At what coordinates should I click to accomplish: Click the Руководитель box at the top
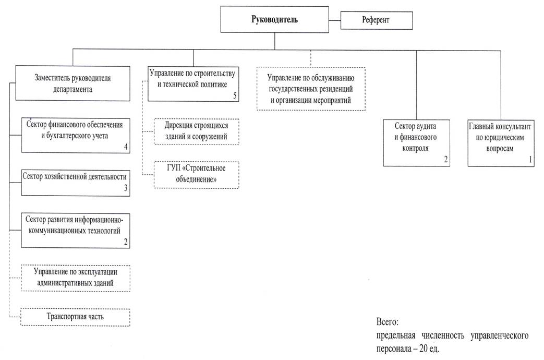274,19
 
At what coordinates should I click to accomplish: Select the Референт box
377,20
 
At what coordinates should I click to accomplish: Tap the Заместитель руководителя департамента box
72,83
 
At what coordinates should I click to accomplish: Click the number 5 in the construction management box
235,95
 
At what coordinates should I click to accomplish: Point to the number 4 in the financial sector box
126,147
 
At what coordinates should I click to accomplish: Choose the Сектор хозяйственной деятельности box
75,183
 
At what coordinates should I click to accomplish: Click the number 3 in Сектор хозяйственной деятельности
126,188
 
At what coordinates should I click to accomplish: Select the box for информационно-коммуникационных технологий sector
75,231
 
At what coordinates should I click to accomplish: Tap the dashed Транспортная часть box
75,317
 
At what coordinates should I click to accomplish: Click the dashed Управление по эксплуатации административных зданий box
75,278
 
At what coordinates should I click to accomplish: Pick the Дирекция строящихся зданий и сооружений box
196,131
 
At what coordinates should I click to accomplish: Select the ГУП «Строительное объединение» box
196,175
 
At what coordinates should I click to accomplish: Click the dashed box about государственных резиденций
311,89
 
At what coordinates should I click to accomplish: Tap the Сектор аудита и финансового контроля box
416,142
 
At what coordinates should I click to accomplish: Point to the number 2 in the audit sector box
446,159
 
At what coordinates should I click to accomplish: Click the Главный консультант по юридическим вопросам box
501,143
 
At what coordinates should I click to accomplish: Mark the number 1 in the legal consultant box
530,159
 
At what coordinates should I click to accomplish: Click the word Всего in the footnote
387,322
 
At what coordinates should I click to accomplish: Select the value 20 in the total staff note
424,348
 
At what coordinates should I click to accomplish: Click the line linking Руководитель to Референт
335,20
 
